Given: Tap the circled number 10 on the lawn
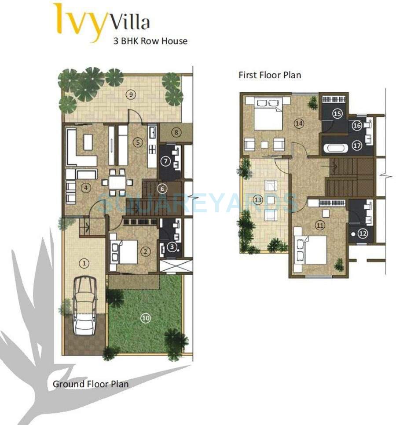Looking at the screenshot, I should click(x=146, y=318).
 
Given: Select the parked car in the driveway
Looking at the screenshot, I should click(x=84, y=305).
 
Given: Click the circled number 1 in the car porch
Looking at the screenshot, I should click(x=84, y=263).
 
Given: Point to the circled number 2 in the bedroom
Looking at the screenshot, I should click(x=146, y=251).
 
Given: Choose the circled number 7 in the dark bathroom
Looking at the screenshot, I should click(x=165, y=161).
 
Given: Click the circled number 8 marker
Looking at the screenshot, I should click(x=176, y=132).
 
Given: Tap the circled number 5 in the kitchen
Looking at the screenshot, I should click(x=138, y=142).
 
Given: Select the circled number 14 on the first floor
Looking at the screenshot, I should click(x=299, y=124).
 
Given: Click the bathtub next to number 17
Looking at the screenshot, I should click(x=336, y=148).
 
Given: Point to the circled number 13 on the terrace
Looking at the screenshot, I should click(x=258, y=200).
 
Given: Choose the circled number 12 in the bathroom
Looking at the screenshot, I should click(x=362, y=234).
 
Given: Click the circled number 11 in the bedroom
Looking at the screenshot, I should click(x=320, y=225).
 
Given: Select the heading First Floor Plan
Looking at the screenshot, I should click(x=270, y=75).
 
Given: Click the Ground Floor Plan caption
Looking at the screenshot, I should click(x=91, y=384).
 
